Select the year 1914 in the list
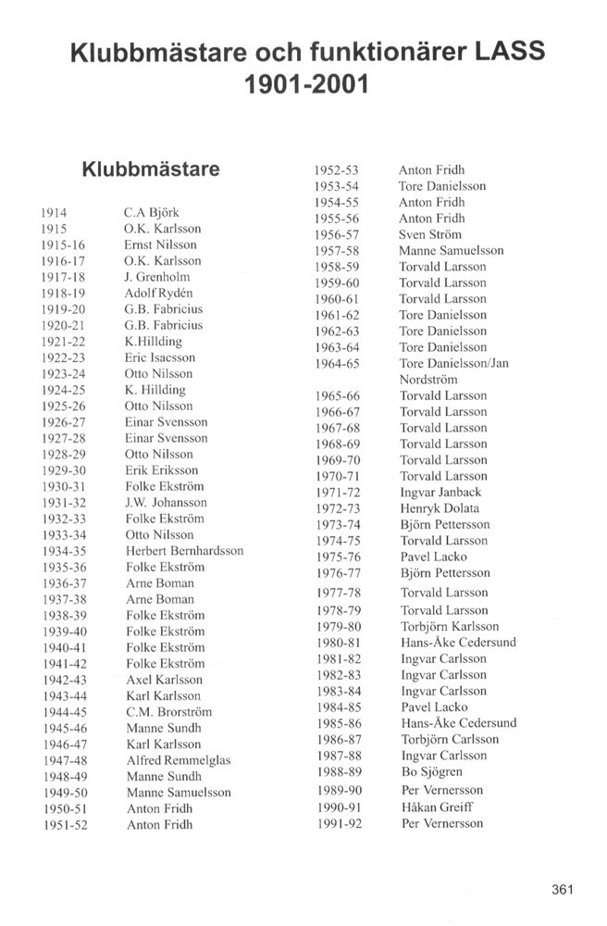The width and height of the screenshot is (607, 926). coord(55,212)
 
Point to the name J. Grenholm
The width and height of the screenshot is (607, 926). coord(157,277)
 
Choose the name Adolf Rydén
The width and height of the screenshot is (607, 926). coord(158,293)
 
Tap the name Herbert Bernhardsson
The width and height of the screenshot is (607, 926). coord(184,550)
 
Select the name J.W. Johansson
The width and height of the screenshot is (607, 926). coord(166,502)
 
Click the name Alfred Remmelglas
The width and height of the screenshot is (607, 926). coord(178,760)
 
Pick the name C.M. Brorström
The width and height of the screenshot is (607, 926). coord(168,712)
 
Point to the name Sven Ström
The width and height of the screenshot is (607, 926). coord(429,234)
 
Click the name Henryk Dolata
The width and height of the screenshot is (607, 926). coord(440,508)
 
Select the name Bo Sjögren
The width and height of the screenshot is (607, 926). coord(431,771)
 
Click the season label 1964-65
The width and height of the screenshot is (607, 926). coord(337,363)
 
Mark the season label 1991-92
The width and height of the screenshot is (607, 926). coord(337,823)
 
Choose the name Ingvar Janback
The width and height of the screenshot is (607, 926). coord(440,492)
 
